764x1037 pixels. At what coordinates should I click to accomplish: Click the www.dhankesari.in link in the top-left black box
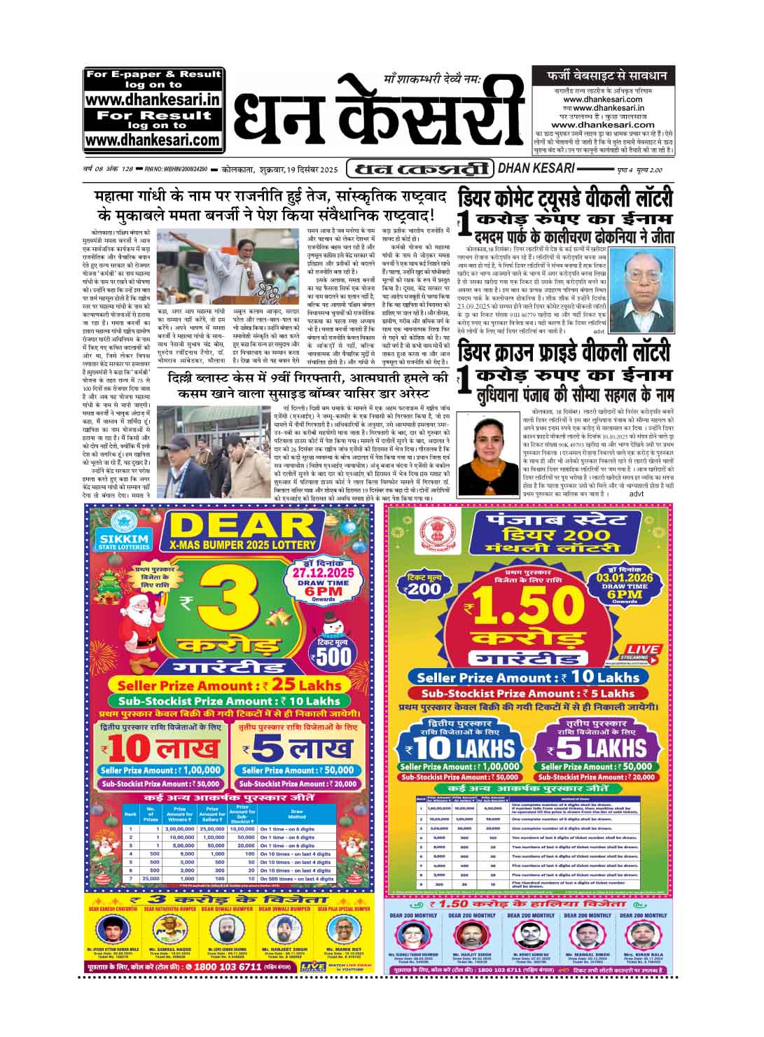[153, 100]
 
